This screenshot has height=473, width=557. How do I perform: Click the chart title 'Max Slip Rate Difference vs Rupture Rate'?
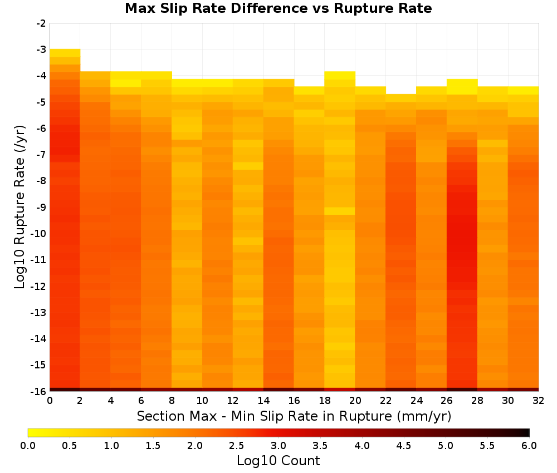pyautogui.click(x=278, y=8)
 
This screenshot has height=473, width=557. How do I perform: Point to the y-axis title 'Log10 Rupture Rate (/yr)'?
pyautogui.click(x=20, y=207)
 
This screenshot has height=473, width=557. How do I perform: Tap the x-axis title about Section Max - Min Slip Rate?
pyautogui.click(x=294, y=416)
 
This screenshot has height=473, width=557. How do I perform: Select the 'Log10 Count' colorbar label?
pyautogui.click(x=278, y=461)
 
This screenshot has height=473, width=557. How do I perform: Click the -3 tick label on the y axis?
pyautogui.click(x=41, y=50)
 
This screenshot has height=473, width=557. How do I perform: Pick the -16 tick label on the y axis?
pyautogui.click(x=39, y=391)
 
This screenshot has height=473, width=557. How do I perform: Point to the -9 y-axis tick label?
pyautogui.click(x=41, y=207)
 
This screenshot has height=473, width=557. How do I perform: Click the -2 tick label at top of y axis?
pyautogui.click(x=41, y=23)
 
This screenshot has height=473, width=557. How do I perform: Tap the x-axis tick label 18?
pyautogui.click(x=324, y=401)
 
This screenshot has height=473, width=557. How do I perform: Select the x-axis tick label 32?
pyautogui.click(x=539, y=401)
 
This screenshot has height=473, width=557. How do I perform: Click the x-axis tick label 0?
pyautogui.click(x=50, y=401)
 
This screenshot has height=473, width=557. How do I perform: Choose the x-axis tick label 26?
pyautogui.click(x=447, y=401)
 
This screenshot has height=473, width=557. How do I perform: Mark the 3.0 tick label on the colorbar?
pyautogui.click(x=278, y=445)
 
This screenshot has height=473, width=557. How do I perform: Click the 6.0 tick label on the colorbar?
pyautogui.click(x=529, y=445)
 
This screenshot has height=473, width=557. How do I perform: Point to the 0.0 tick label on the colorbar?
pyautogui.click(x=28, y=445)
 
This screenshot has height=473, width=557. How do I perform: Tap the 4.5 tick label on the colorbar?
pyautogui.click(x=403, y=445)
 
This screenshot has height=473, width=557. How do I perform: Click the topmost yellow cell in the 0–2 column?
pyautogui.click(x=65, y=53)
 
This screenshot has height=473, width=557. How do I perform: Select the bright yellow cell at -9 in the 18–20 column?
pyautogui.click(x=340, y=211)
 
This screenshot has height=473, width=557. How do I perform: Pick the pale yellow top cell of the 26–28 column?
pyautogui.click(x=462, y=87)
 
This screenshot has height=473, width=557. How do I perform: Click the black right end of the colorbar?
pyautogui.click(x=526, y=432)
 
